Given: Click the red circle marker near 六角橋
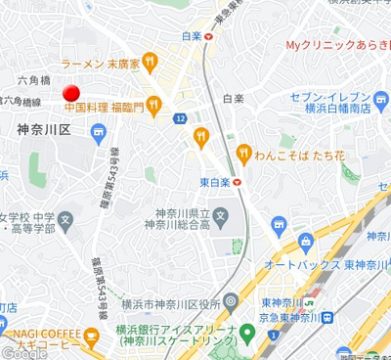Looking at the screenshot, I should coord(71,94).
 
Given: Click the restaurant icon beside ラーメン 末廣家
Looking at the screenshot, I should coord(150,65).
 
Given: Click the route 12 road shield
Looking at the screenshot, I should coord(182,118).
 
